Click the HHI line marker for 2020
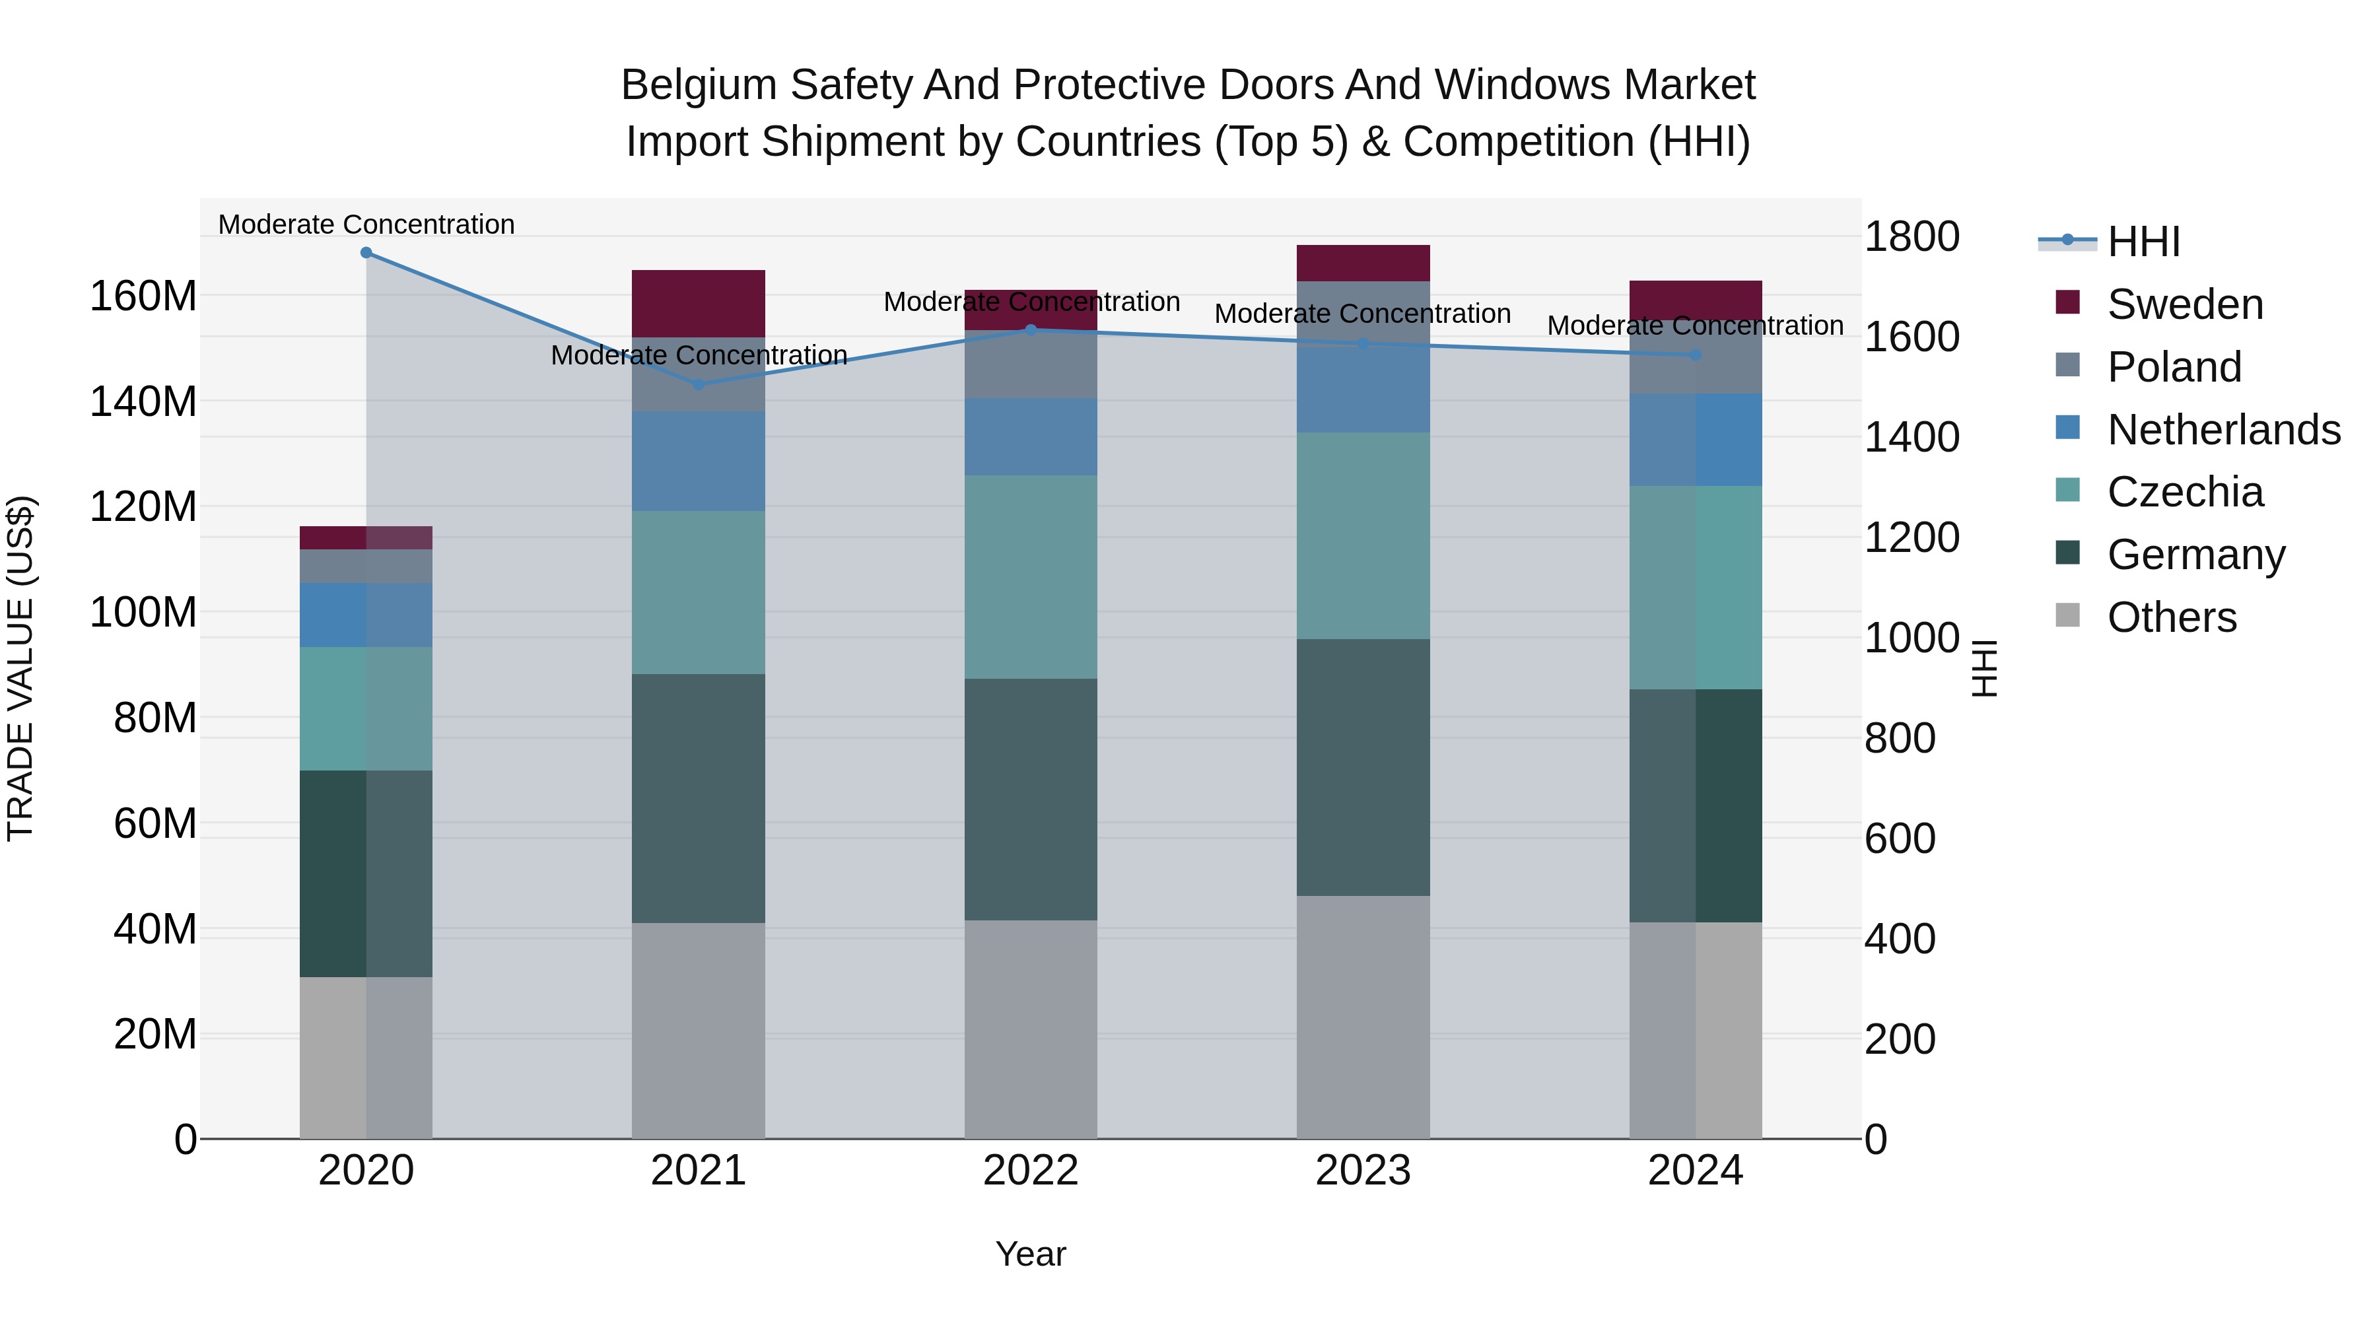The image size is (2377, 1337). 366,253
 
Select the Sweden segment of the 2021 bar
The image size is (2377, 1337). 699,304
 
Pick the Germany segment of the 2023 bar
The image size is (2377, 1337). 1363,767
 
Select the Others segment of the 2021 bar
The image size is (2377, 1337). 699,1030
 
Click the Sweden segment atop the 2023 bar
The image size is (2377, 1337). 1363,263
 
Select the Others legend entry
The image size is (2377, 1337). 2171,617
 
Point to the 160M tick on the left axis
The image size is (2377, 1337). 143,296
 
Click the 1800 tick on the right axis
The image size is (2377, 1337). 1912,236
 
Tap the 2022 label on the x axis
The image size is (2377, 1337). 1031,1171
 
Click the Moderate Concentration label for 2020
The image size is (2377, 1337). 366,224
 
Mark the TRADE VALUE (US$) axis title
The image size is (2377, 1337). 20,668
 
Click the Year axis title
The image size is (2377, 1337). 1031,1254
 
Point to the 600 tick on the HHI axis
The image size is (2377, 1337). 1900,839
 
